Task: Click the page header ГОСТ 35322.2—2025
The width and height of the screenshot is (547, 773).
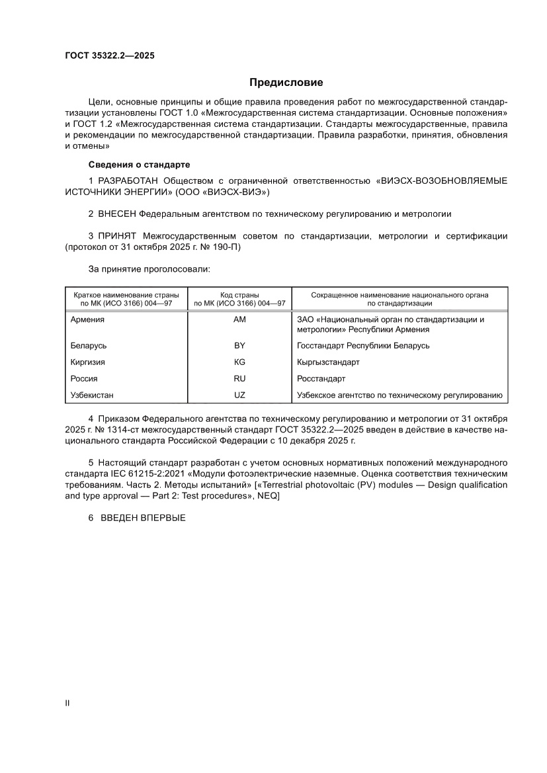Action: [x=110, y=56]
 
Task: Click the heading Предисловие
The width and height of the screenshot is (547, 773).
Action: [x=286, y=83]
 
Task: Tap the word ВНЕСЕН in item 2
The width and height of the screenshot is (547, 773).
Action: [x=119, y=214]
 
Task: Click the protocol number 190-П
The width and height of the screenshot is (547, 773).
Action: [x=220, y=247]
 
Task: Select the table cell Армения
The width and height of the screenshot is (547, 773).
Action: [x=87, y=319]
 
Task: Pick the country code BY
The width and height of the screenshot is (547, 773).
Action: [x=239, y=345]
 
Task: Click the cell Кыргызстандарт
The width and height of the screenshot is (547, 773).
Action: [x=329, y=362]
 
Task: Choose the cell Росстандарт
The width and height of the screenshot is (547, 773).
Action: [x=321, y=379]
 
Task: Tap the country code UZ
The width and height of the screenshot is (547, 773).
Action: [x=239, y=395]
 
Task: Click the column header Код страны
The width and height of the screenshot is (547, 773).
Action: [x=239, y=295]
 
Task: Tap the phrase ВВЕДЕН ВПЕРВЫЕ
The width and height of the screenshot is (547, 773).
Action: [x=143, y=519]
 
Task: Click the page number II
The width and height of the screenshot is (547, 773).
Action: [x=67, y=703]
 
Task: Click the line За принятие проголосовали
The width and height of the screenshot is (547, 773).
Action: [x=149, y=270]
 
